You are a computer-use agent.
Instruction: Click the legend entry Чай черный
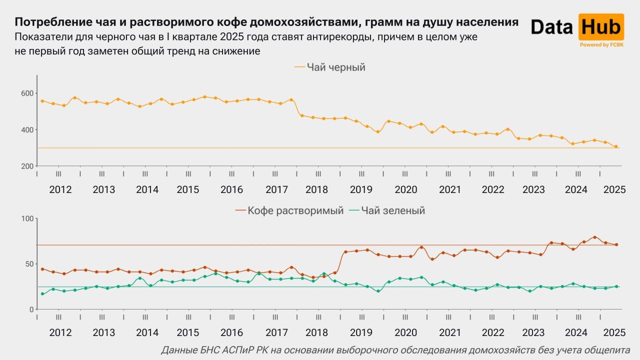tap(330, 67)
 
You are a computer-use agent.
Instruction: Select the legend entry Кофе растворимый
tap(289, 210)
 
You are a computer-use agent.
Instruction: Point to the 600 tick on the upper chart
tap(27, 93)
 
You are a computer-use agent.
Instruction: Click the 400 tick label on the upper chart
tap(27, 130)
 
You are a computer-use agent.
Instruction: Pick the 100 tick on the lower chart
tap(27, 219)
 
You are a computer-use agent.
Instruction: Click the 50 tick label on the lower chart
tap(29, 264)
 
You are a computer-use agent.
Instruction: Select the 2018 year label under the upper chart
tap(316, 189)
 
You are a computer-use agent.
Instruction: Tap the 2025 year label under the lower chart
tap(614, 332)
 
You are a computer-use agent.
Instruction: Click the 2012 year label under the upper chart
tap(60, 189)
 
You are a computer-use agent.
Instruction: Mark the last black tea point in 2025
tap(616, 146)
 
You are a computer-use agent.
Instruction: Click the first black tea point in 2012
tap(42, 101)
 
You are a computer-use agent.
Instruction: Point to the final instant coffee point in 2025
tap(616, 244)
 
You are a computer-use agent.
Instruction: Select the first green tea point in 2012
tap(42, 294)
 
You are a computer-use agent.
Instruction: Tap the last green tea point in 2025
tap(616, 286)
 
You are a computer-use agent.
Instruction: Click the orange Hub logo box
tap(601, 27)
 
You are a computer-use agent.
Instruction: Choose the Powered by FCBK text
tap(601, 45)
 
